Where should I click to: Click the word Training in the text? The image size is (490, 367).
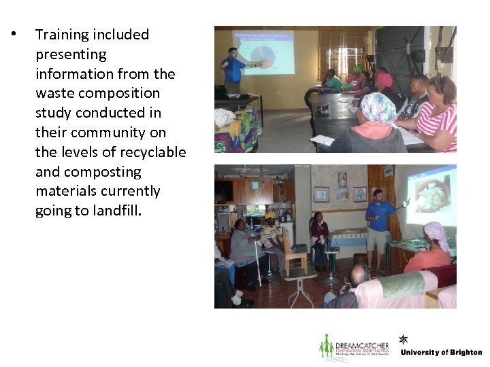tap(63, 35)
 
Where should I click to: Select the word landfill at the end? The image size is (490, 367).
tap(117, 211)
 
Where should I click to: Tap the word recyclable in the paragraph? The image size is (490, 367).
tap(151, 152)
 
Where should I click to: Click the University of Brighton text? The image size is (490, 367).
tap(441, 352)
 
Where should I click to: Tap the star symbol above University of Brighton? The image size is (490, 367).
tap(404, 339)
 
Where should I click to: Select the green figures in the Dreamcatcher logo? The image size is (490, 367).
tap(327, 347)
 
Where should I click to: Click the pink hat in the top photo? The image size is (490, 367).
tap(385, 80)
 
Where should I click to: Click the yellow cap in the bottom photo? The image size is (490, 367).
tap(271, 216)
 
